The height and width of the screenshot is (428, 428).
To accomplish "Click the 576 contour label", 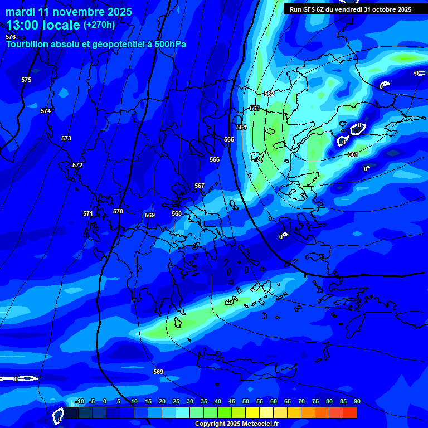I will pos(11,37).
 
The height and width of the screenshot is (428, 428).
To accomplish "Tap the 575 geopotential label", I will pos(26,80).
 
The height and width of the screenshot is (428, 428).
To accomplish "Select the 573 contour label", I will pos(66,138).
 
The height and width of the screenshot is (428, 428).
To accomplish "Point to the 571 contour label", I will pos(88,213).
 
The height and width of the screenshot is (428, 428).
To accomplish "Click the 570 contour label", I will pos(118,211).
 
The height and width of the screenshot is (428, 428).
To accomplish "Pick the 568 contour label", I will pos(177,213).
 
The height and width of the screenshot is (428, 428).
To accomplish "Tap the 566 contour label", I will pos(215,159).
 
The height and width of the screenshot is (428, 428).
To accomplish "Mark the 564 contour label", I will pos(241,128).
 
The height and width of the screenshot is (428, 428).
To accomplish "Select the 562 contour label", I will pos(269,94).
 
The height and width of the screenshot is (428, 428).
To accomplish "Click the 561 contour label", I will pos(353,154).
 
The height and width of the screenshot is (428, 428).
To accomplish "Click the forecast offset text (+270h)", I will pos(99,25).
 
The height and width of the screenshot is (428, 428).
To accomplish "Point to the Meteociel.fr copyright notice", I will pos(236,424).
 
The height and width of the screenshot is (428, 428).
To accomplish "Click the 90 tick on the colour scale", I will pos(357,401).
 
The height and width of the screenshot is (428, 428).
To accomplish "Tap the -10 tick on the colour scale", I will pos(80,401).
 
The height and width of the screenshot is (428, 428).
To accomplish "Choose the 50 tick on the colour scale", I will pos(246,401).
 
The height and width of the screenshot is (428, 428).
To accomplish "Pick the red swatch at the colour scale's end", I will pos(350,412).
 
